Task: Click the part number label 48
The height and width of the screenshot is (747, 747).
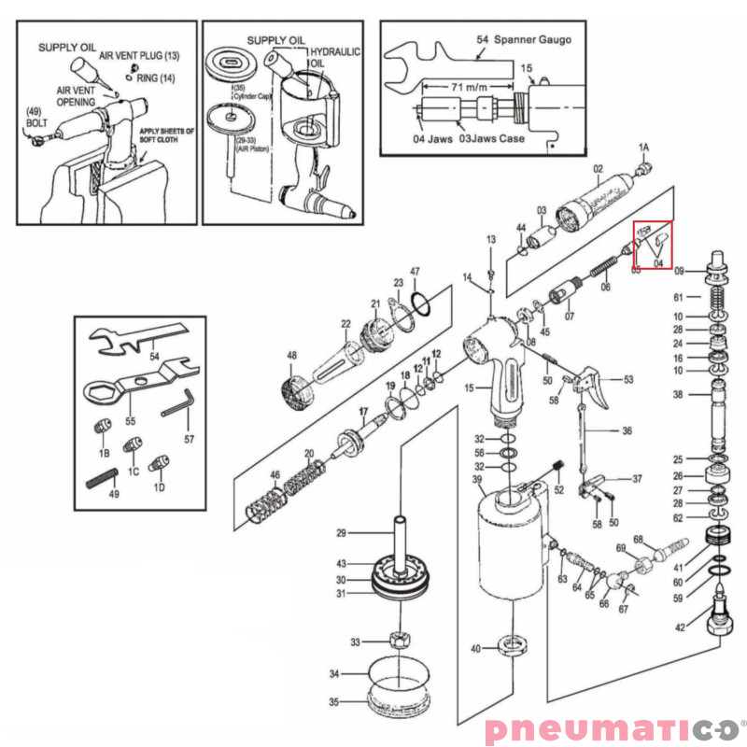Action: click(x=291, y=356)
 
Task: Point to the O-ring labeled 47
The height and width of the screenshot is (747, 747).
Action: click(x=420, y=303)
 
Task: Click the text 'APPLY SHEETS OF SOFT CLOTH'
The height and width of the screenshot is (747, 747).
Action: click(x=165, y=136)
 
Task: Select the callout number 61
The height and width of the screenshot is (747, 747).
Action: click(x=680, y=297)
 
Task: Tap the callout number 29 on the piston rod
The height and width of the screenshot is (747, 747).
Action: click(x=342, y=533)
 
